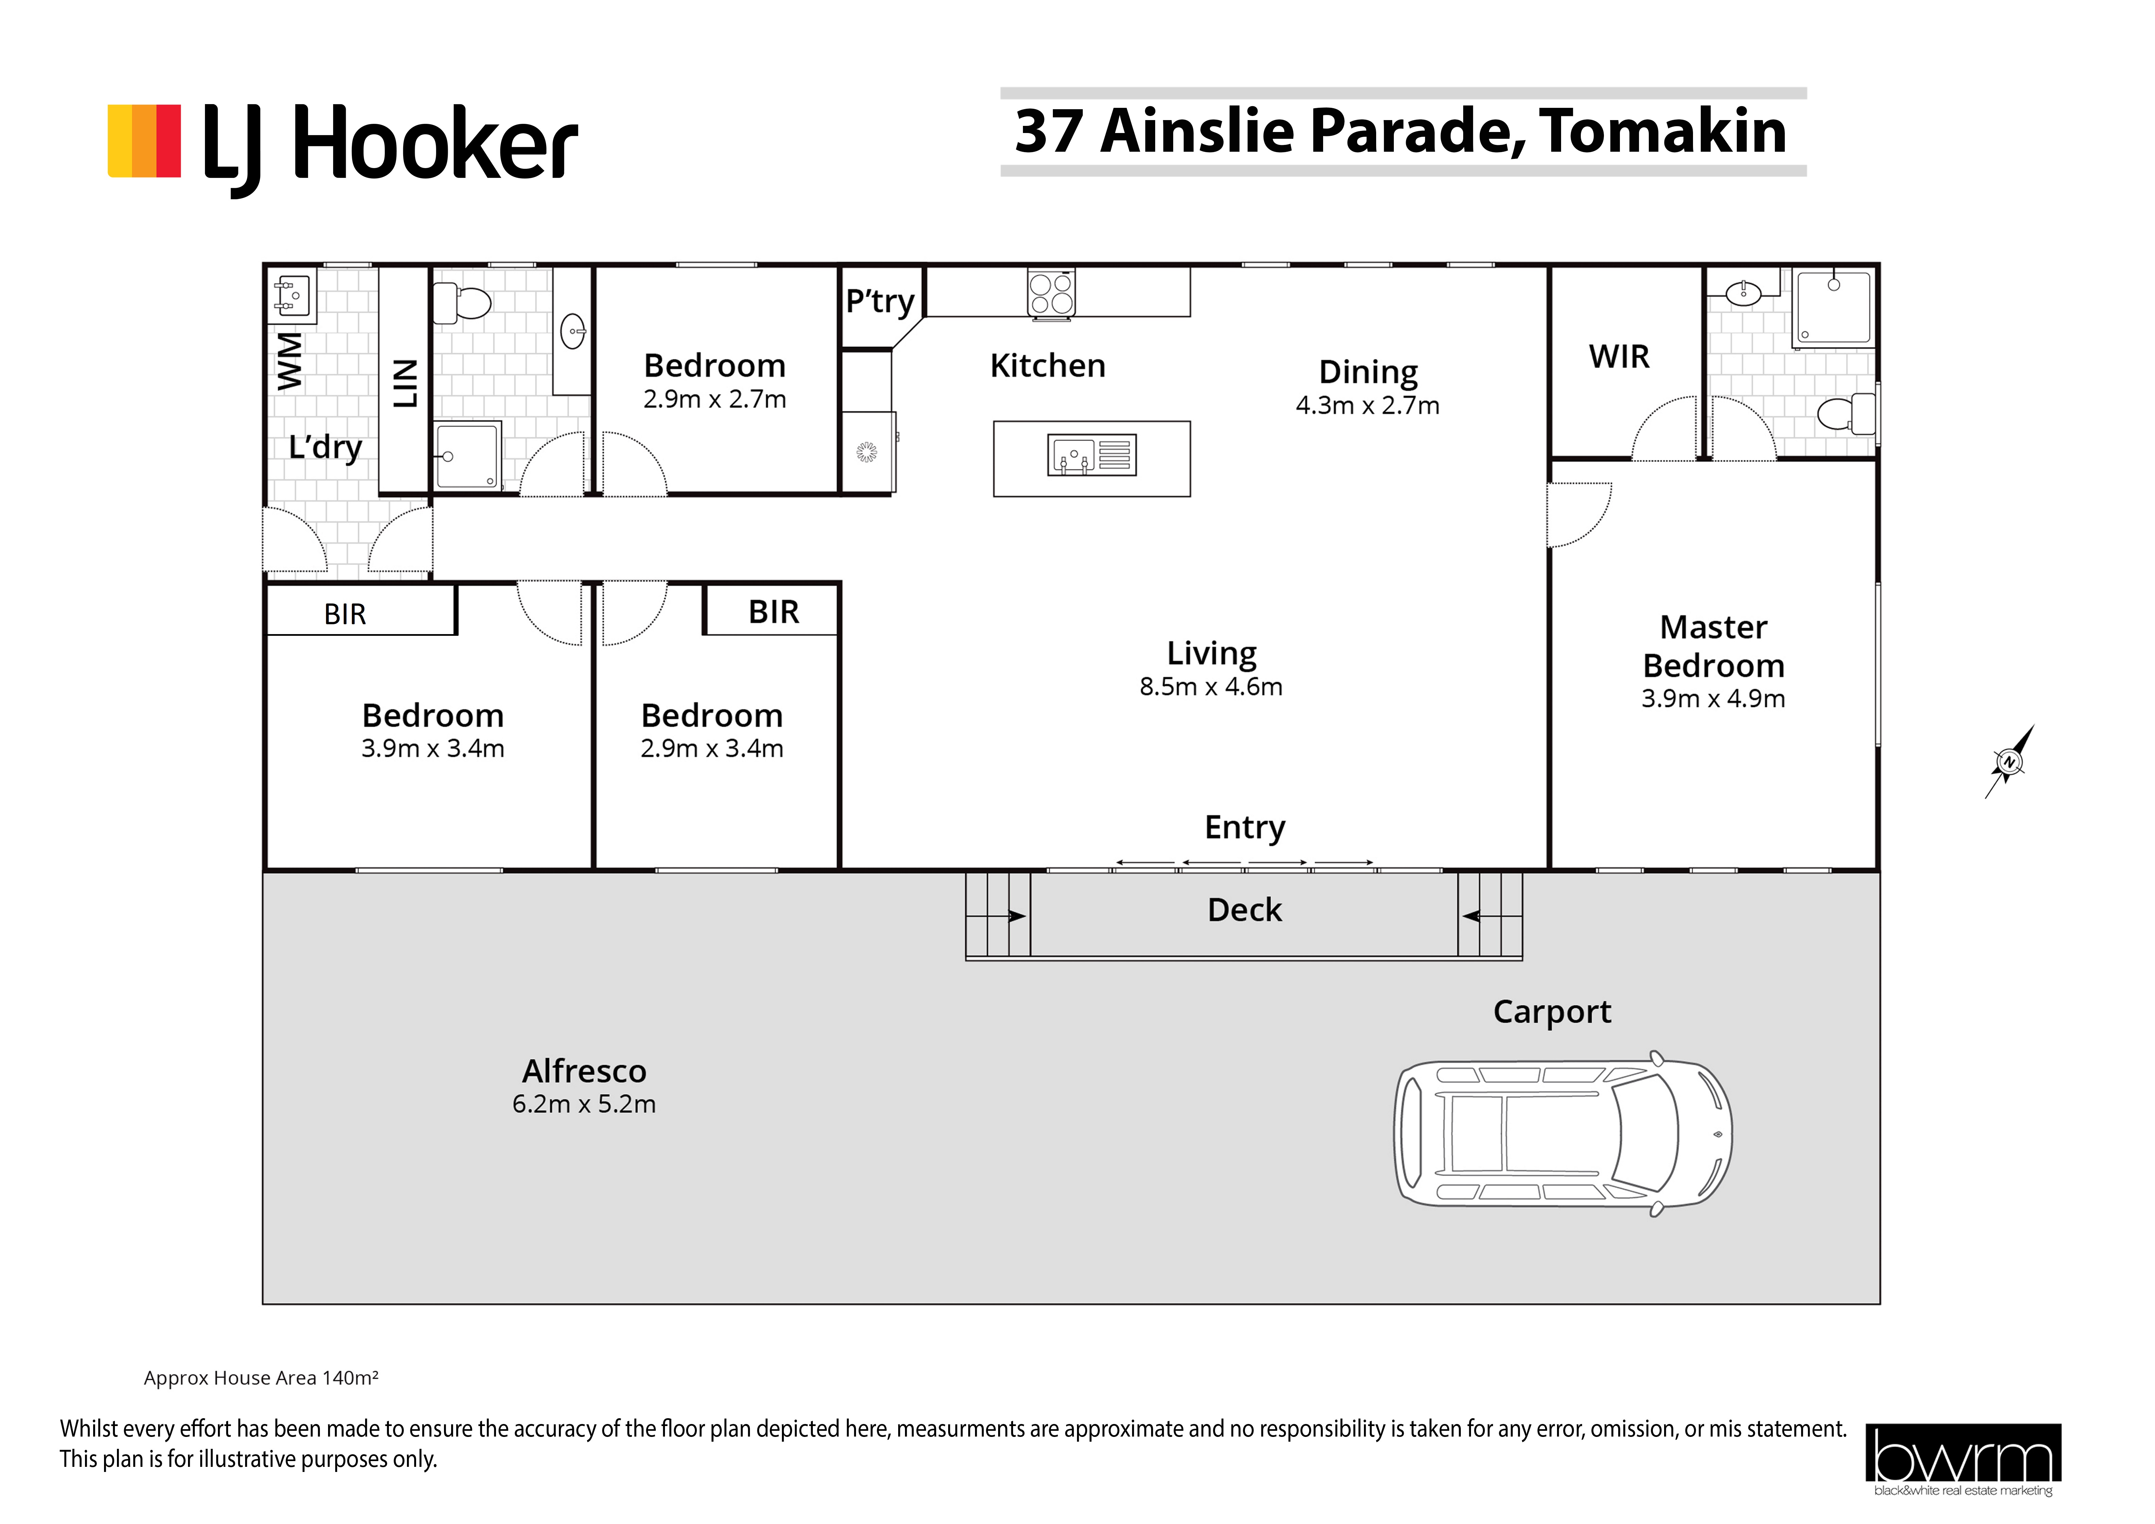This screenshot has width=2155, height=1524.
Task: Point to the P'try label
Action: point(879,301)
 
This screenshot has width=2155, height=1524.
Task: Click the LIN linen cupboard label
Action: point(405,383)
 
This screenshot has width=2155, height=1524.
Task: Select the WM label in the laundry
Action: point(290,361)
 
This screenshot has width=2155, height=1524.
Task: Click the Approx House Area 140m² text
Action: point(261,1377)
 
